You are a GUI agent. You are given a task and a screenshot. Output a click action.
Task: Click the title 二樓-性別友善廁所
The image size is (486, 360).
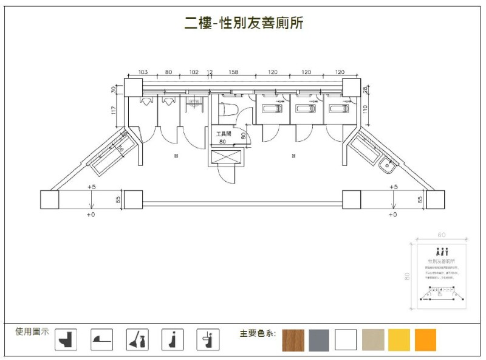pos(244,24)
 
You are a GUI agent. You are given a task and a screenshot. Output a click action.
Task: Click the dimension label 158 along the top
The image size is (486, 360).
pos(233,72)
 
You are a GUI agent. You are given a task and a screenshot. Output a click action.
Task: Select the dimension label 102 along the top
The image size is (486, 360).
pos(194,72)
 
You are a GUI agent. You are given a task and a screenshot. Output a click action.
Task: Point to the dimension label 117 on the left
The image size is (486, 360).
pos(114,110)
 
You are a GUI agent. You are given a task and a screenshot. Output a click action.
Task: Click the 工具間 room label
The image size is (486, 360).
pos(224,134)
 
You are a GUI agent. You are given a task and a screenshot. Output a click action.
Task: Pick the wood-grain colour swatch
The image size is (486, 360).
pos(293,340)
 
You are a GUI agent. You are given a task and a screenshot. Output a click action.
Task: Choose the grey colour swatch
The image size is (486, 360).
pos(319,340)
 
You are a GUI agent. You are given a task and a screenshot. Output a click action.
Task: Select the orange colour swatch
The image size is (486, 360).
pos(425,340)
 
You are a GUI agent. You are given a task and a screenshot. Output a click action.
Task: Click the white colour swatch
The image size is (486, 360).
pos(346,340)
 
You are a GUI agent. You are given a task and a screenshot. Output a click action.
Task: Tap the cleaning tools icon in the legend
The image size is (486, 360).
pos(137,339)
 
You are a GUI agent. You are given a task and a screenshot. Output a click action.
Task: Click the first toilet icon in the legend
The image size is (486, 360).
pos(66,339)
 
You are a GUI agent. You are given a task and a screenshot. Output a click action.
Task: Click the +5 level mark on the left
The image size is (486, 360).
pos(92,187)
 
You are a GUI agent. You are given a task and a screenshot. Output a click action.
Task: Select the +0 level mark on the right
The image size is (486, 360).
pos(392,215)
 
